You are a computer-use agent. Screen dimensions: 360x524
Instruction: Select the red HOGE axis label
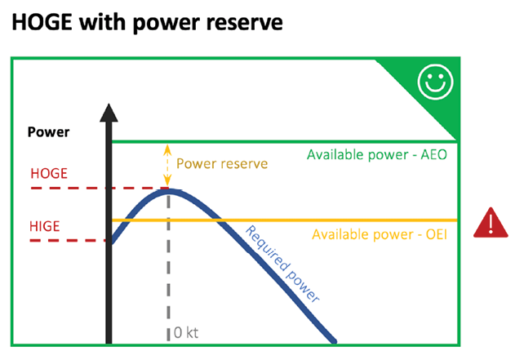(x=49, y=174)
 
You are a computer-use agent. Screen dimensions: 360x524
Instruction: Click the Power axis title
(x=48, y=132)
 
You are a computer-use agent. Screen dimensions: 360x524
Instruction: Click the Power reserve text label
(x=221, y=163)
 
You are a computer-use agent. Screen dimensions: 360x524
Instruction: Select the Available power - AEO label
(x=376, y=154)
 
